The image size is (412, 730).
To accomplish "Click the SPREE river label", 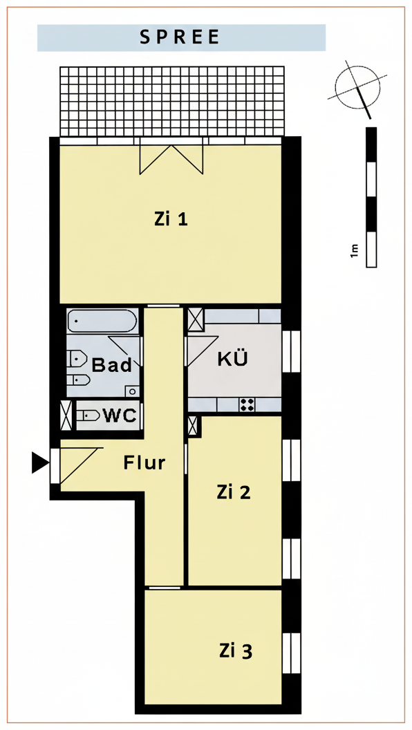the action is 180,37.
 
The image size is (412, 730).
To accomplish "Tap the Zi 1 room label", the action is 171,219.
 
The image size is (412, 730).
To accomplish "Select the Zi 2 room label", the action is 234,492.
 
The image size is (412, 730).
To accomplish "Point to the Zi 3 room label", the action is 236,651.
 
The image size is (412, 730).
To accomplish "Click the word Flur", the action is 144,462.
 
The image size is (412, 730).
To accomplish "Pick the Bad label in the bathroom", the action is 112,366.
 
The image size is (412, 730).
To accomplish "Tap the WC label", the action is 120,415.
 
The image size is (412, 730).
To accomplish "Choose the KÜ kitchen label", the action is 233,359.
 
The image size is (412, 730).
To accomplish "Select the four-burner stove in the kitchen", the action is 246,405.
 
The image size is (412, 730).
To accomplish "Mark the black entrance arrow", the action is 39,462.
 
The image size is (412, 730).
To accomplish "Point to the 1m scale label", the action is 355,250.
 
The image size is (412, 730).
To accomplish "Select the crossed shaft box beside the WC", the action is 67,415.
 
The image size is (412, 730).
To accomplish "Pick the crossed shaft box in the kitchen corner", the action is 196,320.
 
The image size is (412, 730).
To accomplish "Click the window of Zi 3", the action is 292,653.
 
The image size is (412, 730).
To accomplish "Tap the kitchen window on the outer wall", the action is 292,351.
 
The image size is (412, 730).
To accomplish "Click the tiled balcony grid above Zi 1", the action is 172,102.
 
